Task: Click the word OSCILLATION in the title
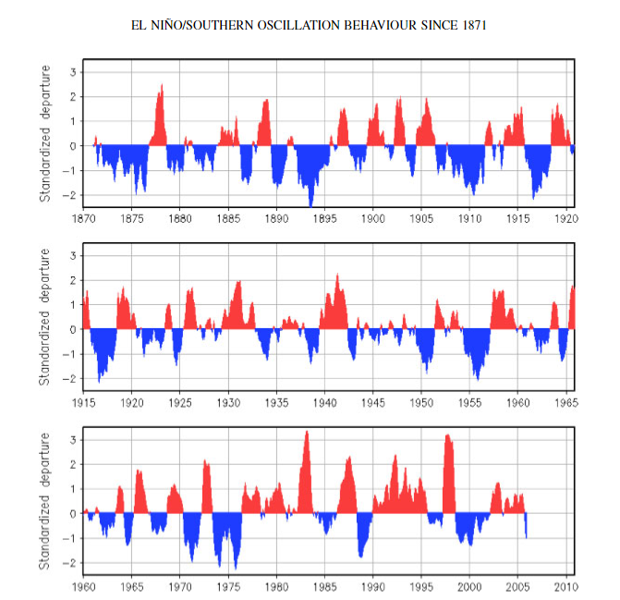coord(298,25)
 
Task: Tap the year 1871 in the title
coord(474,25)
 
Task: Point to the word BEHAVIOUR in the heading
coord(380,25)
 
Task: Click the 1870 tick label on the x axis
coord(84,219)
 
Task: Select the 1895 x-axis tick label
coord(325,219)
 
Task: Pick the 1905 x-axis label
coord(421,219)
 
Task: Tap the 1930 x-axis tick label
coord(228,403)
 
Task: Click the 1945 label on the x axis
coord(373,403)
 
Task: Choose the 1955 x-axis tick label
coord(469,403)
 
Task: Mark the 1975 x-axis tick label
coord(228,586)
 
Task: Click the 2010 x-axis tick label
coord(566,586)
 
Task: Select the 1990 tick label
coord(373,586)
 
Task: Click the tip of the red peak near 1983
coord(307,431)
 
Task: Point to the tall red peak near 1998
coord(447,435)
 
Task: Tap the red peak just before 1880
coord(162,84)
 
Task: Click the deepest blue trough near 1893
coord(310,207)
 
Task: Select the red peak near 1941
coord(337,274)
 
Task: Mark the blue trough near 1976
coord(236,569)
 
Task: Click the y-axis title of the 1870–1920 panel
coord(45,134)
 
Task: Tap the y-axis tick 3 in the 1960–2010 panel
coord(73,440)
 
